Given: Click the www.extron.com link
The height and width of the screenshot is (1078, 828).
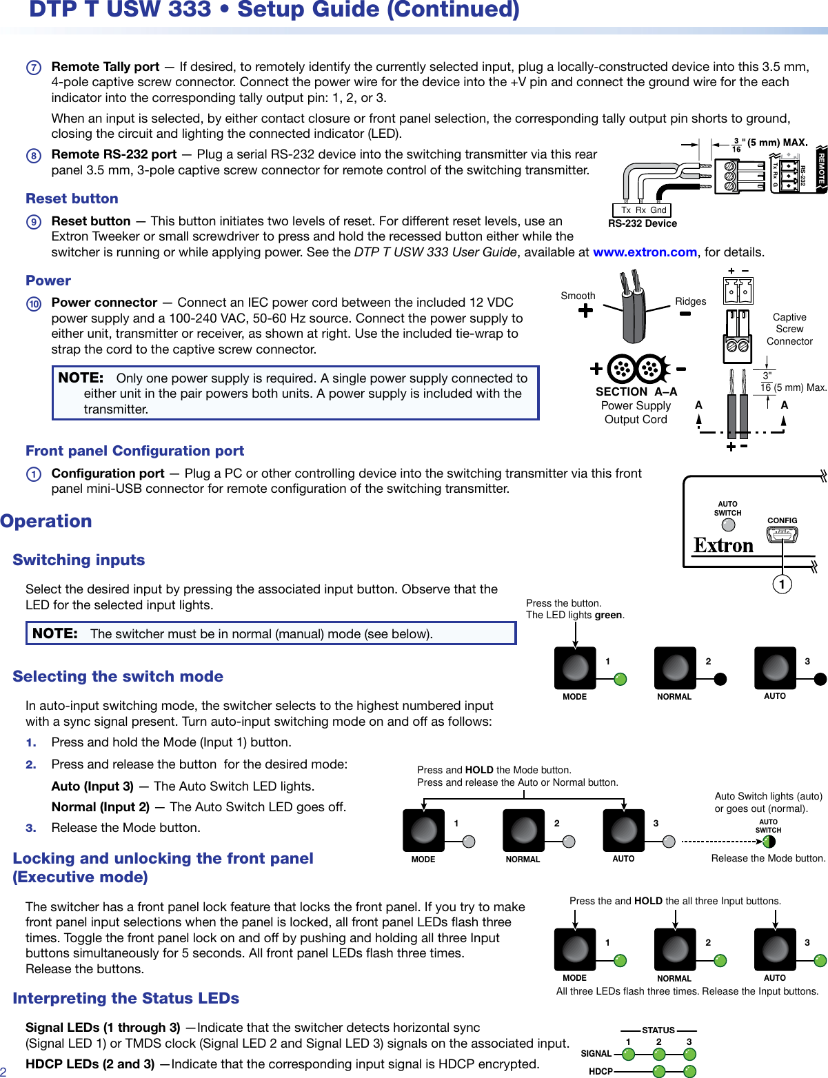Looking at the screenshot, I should [x=645, y=252].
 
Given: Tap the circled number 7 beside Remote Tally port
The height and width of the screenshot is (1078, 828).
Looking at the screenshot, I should [x=34, y=68].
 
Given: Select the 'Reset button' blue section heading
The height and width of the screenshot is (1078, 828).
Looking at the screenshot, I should [x=72, y=199].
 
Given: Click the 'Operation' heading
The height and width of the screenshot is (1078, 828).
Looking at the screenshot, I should [x=46, y=521].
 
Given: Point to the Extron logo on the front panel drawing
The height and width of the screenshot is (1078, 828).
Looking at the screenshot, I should [x=723, y=546].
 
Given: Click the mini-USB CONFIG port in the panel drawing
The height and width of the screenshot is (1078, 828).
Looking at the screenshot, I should [x=782, y=534].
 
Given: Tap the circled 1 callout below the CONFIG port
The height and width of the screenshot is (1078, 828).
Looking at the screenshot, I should [x=782, y=584].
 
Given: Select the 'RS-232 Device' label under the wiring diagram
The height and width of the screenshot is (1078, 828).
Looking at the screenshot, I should [x=642, y=223].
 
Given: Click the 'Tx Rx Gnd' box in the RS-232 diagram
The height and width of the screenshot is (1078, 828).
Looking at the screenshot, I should [x=642, y=210].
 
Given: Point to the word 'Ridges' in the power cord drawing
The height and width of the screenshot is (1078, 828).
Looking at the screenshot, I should [x=690, y=301].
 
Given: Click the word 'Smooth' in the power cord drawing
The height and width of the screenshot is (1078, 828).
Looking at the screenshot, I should [x=578, y=296].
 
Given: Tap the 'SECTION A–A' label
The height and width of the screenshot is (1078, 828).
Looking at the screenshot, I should [x=636, y=391].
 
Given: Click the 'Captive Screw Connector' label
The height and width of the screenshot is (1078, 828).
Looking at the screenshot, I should [x=789, y=329].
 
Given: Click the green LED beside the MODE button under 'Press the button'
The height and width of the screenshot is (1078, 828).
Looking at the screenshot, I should [x=620, y=679].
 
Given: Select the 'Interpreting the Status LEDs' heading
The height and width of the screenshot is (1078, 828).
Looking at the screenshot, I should [x=125, y=998].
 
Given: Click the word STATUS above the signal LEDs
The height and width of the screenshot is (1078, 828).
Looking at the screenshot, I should [x=658, y=1030].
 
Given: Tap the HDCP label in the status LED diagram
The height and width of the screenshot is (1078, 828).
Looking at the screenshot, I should [x=600, y=1071].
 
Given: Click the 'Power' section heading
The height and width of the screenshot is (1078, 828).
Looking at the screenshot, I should [x=48, y=281].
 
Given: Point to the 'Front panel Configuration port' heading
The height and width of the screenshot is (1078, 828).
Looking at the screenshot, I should [x=134, y=451].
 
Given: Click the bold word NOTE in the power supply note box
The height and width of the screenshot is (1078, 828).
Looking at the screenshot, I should [x=81, y=378].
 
